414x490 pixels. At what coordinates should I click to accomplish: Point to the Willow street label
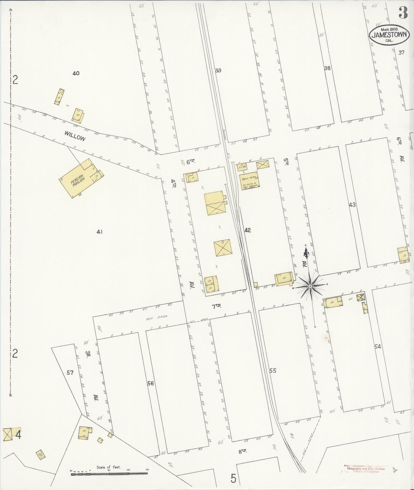pyautogui.click(x=75, y=136)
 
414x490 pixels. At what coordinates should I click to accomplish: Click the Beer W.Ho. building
pyautogui.click(x=250, y=180)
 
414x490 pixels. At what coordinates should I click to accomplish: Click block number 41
pyautogui.click(x=99, y=232)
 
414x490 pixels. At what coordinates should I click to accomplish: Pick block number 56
pyautogui.click(x=150, y=383)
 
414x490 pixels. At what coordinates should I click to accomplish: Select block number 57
pyautogui.click(x=70, y=373)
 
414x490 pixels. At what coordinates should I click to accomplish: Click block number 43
pyautogui.click(x=352, y=205)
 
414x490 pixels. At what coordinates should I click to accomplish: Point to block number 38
pyautogui.click(x=327, y=68)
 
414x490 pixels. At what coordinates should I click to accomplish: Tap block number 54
pyautogui.click(x=377, y=346)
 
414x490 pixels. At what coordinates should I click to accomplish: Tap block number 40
pyautogui.click(x=76, y=73)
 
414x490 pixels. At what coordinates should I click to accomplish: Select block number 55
pyautogui.click(x=273, y=371)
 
